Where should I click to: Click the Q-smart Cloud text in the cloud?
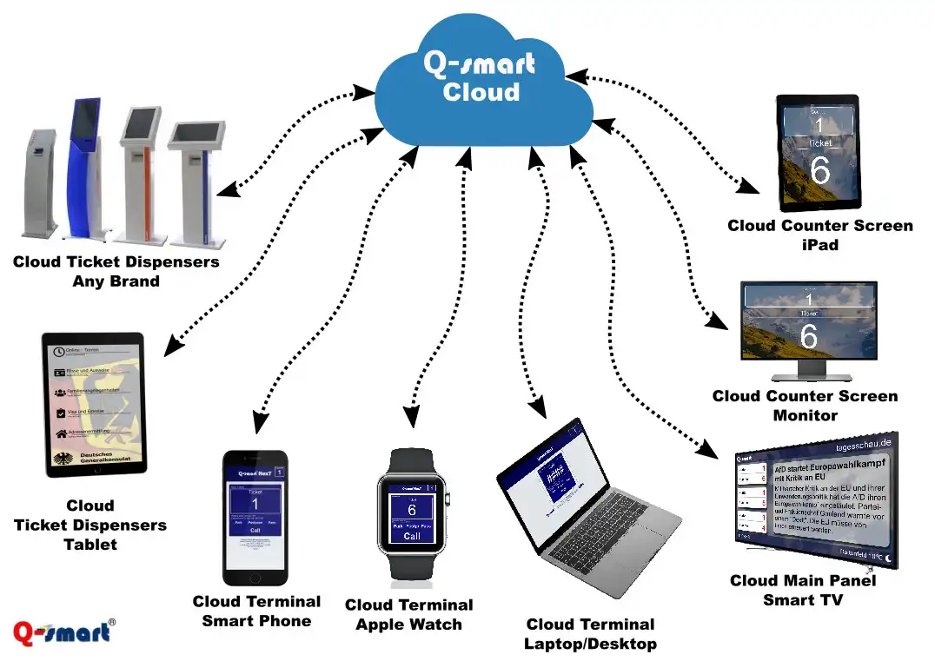point(480,76)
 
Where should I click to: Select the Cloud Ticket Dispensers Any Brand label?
point(116,271)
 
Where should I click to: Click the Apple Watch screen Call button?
point(412,536)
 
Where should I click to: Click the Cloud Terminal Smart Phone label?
point(256,611)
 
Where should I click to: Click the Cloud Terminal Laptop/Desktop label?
point(590,634)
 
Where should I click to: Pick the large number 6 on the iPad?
point(819,171)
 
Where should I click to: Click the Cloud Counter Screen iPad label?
point(819,235)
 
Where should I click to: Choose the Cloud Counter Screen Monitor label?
point(805,405)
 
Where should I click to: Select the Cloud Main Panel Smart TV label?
point(803,590)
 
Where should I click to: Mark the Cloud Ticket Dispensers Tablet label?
point(90,525)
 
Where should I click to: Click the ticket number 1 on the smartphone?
point(255,505)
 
